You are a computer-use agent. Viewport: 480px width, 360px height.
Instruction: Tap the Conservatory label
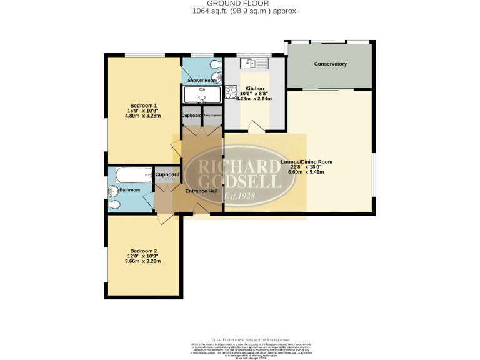(x=331, y=64)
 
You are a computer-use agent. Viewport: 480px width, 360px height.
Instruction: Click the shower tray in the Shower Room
(x=202, y=94)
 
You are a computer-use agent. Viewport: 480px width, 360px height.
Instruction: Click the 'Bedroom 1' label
(x=143, y=105)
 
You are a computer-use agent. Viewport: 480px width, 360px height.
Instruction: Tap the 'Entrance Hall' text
(x=201, y=191)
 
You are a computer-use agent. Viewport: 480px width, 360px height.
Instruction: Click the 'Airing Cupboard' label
(x=212, y=116)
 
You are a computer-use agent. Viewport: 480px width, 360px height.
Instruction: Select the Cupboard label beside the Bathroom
(x=167, y=174)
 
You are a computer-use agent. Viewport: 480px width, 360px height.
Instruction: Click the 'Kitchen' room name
(x=254, y=88)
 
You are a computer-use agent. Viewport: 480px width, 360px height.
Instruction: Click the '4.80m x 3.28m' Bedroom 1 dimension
(x=143, y=116)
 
